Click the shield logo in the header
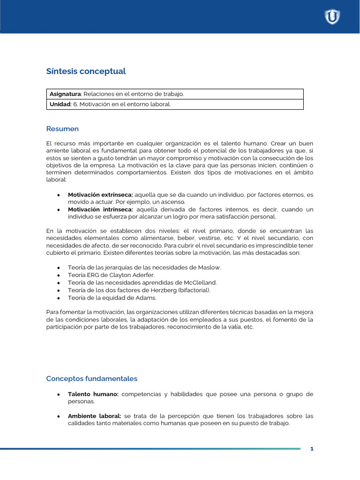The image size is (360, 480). [332, 17]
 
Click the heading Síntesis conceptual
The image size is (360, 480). [86, 71]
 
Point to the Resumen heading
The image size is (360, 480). [62, 129]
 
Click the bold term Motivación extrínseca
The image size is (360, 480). [100, 195]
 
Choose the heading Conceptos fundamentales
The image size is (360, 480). [92, 378]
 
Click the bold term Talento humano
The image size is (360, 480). [93, 394]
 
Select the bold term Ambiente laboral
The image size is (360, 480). [94, 416]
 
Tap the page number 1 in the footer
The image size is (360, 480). [312, 449]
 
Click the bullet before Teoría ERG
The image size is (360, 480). [58, 275]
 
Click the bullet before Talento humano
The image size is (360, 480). [58, 394]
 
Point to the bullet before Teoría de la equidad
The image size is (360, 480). [58, 298]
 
